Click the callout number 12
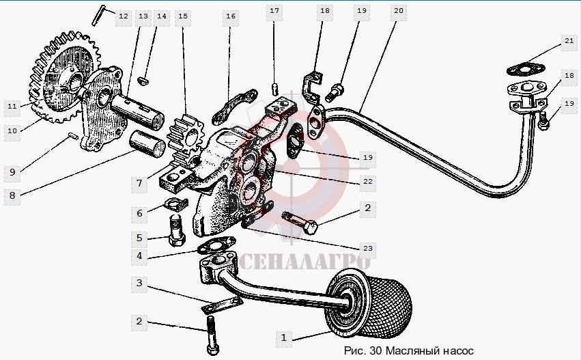point(124,16)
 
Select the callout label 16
point(231,16)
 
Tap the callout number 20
point(398,11)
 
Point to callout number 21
point(569,41)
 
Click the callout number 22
point(367,182)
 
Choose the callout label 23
point(367,248)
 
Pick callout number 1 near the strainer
point(284,337)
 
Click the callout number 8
point(12,195)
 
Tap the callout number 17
point(274,11)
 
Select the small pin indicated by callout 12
point(99,15)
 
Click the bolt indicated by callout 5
point(177,230)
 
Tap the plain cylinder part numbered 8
point(147,143)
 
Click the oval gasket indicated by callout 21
point(526,69)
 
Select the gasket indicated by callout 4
point(216,245)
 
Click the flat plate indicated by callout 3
point(222,305)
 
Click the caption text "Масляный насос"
point(429,350)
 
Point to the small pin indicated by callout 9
point(73,136)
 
